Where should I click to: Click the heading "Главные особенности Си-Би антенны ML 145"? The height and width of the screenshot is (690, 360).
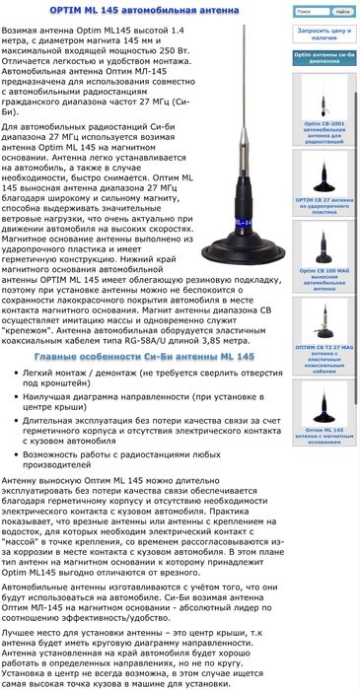click(144, 356)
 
